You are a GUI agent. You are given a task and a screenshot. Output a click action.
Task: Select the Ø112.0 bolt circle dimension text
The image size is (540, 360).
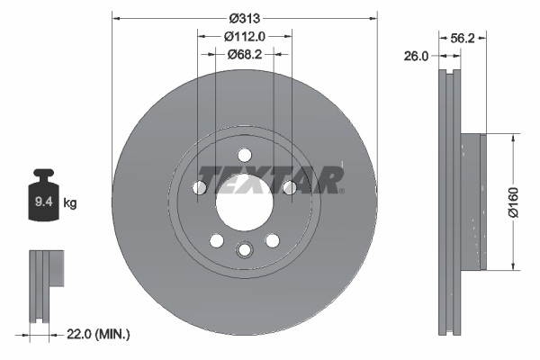click(x=244, y=36)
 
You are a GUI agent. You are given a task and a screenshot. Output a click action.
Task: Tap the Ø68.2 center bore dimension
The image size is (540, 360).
click(x=244, y=54)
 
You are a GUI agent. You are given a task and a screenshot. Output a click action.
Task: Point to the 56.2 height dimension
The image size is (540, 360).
click(x=461, y=39)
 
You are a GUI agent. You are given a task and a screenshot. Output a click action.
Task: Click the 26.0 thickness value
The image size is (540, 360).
click(x=416, y=56)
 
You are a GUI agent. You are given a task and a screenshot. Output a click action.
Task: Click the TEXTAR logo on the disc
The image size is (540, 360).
click(x=269, y=180)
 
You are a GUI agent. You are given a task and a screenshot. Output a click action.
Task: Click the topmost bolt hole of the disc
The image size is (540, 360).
click(x=244, y=154)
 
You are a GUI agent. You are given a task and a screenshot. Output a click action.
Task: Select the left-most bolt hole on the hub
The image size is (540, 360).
click(x=200, y=186)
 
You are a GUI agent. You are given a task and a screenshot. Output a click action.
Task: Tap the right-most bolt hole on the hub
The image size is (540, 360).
click(x=288, y=186)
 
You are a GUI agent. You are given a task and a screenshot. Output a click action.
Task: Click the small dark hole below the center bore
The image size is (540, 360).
click(x=244, y=250)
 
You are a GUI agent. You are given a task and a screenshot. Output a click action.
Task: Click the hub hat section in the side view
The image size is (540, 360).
click(x=472, y=202)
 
